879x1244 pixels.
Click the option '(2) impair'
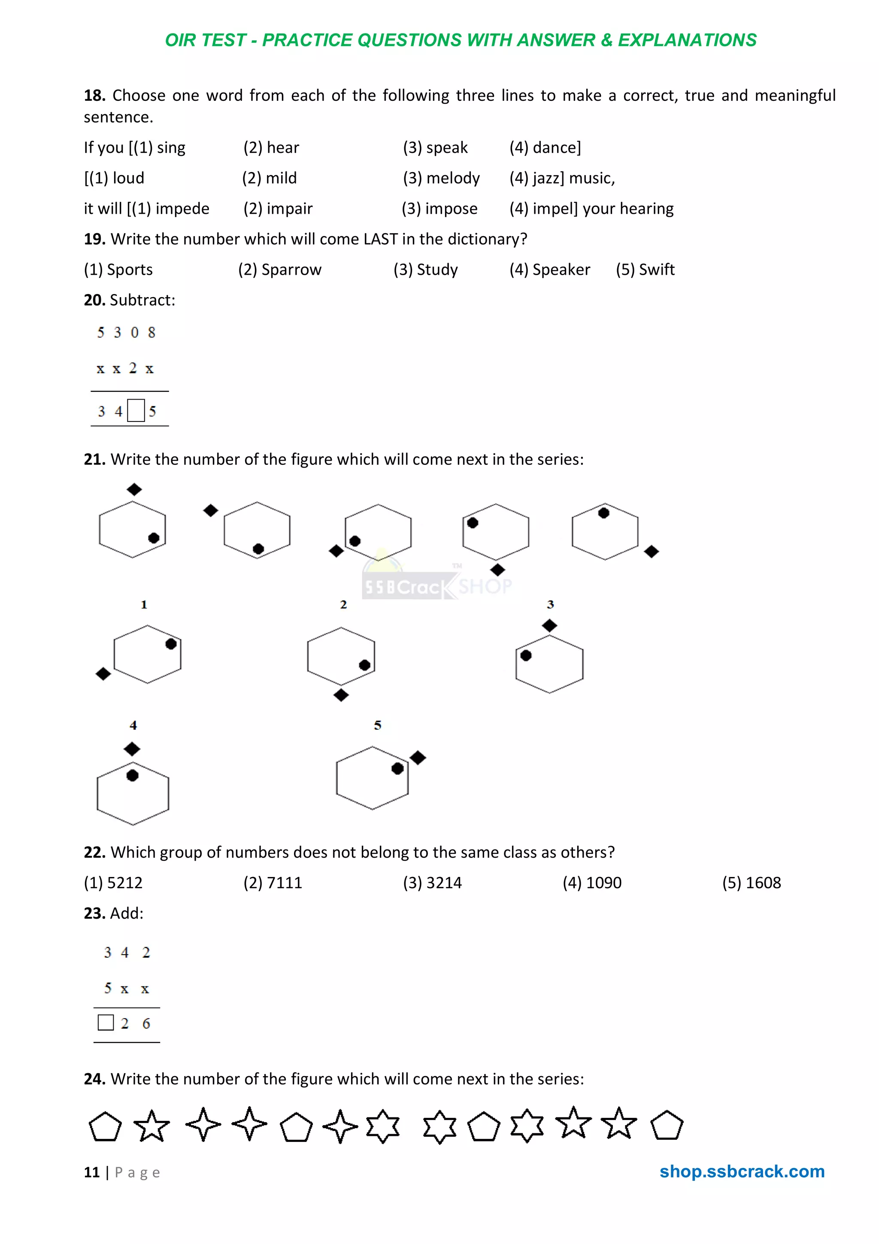click(278, 209)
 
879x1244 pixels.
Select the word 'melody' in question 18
click(453, 178)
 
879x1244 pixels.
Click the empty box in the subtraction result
click(136, 411)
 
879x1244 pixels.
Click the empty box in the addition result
click(106, 1023)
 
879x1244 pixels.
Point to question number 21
click(94, 459)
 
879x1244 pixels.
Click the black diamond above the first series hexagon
click(134, 490)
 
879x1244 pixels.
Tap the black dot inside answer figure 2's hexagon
click(364, 665)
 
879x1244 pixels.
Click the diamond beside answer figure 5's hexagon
click(418, 758)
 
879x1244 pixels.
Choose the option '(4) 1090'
click(592, 883)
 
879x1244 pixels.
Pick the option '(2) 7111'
click(273, 883)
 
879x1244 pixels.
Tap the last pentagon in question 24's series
click(667, 1126)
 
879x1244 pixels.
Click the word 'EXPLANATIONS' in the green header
click(687, 40)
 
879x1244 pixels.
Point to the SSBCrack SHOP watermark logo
click(436, 585)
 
